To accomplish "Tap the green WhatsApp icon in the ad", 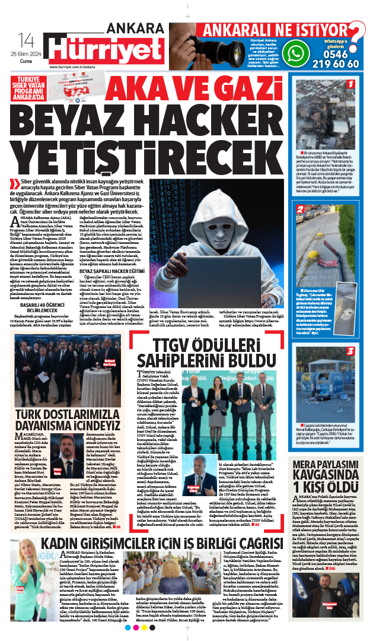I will coord(296,53).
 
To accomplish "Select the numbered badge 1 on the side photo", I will coord(350,84).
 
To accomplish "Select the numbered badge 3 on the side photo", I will coord(350,351).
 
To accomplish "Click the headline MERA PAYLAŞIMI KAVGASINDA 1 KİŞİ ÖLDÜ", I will coord(324,465).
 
